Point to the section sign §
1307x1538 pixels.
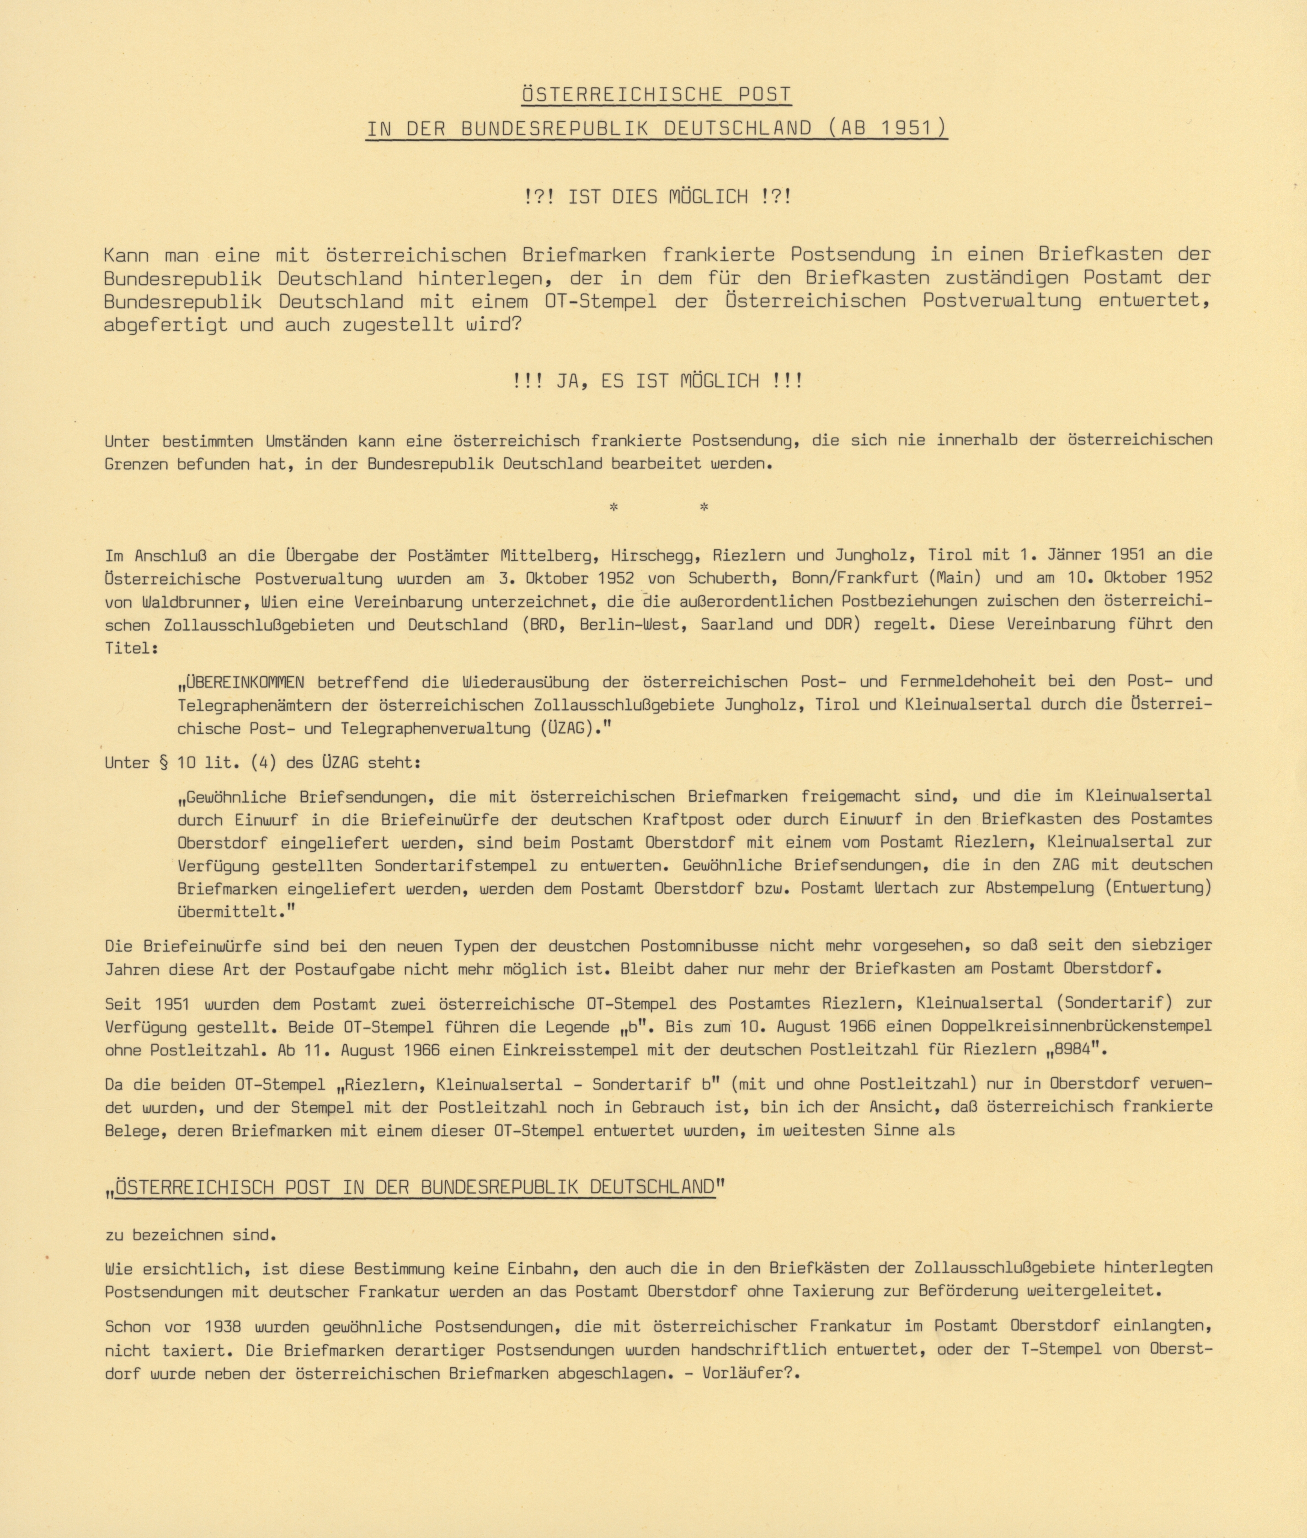(x=164, y=762)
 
